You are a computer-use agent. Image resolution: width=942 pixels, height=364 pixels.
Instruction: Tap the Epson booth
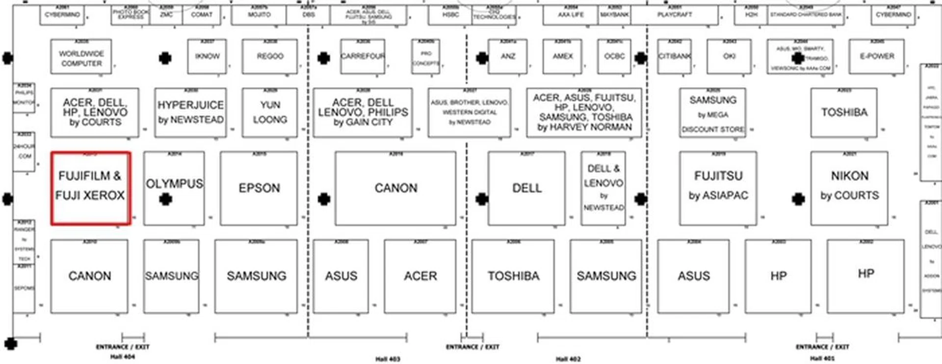coord(259,188)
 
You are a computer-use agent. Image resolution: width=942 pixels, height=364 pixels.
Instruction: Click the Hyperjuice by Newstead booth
coord(190,112)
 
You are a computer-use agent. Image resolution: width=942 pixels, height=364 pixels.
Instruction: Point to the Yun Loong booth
coord(270,112)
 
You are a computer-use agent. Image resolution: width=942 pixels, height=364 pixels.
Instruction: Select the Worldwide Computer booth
coord(81,57)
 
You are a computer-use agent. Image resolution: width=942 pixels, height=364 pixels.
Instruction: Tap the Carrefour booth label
coord(363,56)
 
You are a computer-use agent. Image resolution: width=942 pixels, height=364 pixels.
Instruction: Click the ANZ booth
coord(508,56)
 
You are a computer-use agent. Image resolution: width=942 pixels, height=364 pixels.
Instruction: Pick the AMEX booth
coord(562,56)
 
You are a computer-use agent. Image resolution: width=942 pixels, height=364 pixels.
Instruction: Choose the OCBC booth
coord(614,56)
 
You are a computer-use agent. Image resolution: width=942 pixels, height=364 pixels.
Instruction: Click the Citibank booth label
coord(675,56)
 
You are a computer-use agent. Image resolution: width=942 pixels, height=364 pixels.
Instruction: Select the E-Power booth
coord(877,56)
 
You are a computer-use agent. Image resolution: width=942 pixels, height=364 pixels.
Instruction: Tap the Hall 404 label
coord(122,357)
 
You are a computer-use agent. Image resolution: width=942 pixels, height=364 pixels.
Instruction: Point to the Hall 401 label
coord(822,358)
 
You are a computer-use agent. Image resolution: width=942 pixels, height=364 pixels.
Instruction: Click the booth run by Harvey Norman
coord(584,112)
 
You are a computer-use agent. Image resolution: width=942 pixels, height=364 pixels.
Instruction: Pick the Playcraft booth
coord(675,15)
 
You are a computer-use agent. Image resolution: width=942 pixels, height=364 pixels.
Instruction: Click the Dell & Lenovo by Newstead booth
coord(603,188)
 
